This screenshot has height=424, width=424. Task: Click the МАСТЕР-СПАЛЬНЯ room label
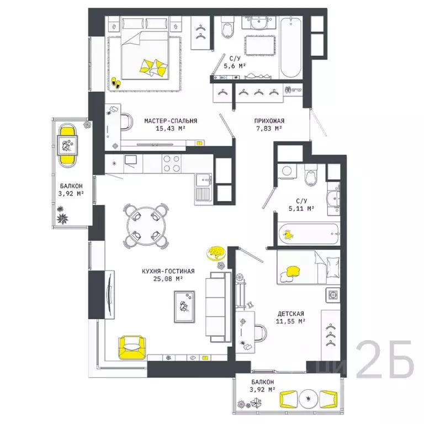pyautogui.click(x=171, y=121)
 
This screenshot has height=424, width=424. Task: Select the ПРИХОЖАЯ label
pyautogui.click(x=268, y=121)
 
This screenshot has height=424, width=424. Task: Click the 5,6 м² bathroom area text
pyautogui.click(x=234, y=65)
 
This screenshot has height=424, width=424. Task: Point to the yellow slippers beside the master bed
pyautogui.click(x=116, y=82)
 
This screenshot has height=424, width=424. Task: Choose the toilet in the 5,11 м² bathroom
pyautogui.click(x=310, y=176)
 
